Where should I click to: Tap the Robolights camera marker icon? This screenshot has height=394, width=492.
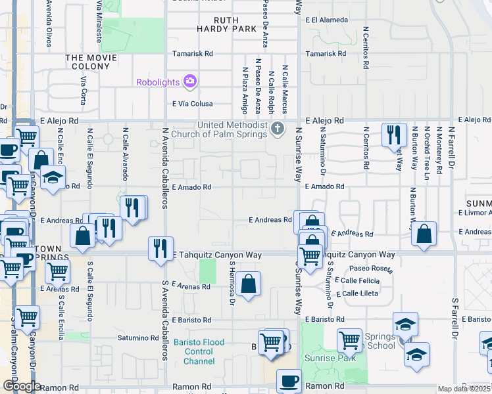coord(191,81)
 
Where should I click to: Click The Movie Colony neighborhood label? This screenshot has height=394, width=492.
coord(91,62)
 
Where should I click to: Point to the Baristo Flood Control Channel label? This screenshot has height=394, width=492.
coord(199,352)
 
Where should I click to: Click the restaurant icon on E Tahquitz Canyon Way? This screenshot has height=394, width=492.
coord(160,248)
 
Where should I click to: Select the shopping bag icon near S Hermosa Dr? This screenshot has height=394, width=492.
coord(249,284)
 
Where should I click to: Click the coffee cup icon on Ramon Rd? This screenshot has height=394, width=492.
coord(288,381)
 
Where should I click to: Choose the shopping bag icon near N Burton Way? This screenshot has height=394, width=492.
coord(425,233)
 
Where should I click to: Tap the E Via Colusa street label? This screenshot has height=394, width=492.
coord(193,104)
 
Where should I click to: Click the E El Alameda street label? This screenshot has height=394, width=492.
coord(327,20)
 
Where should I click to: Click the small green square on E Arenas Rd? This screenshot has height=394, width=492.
coord(208,271)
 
